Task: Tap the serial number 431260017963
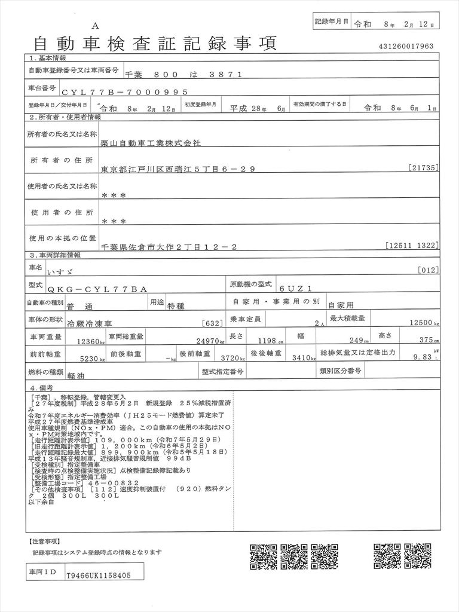pos(406,47)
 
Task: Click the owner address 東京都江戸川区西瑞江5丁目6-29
pos(179,169)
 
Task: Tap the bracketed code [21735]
pos(424,168)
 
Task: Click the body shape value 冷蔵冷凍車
pos(89,323)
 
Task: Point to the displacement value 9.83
pos(421,359)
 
